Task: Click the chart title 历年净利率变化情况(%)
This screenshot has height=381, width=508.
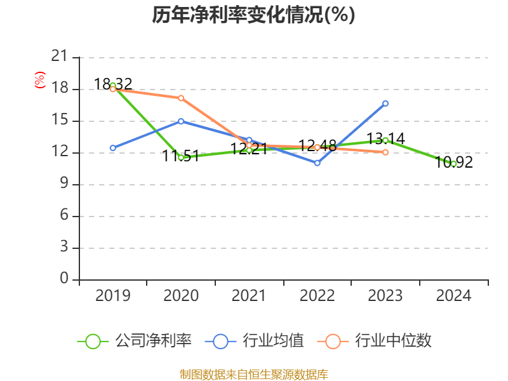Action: coord(253,15)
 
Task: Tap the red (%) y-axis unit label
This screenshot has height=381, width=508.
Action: coord(39,80)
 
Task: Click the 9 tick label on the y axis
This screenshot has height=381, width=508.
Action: coord(63,184)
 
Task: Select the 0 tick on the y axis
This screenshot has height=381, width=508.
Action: coord(63,279)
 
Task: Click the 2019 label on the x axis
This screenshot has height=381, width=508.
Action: coord(112,296)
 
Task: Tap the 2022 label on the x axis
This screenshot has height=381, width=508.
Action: coord(317,296)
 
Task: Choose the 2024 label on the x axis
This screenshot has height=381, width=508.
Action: coord(453,296)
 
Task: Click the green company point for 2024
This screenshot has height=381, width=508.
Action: coord(453,164)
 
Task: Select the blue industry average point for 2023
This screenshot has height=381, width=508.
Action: coord(385,103)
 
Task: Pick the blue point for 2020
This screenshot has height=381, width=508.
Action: coord(181,121)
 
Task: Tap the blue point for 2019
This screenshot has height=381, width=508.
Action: coord(113,148)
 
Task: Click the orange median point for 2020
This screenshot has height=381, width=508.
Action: coord(181,98)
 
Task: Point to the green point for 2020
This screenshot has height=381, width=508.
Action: coord(181,157)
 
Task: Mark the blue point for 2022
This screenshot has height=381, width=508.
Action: coord(317,163)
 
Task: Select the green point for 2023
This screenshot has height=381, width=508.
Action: coord(385,140)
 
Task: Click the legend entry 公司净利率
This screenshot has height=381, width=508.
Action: coord(134,341)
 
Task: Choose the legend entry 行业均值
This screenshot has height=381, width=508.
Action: coord(255,341)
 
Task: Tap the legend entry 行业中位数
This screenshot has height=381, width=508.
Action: coord(378,341)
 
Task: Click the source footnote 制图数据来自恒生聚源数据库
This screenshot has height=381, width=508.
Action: coord(253,374)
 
